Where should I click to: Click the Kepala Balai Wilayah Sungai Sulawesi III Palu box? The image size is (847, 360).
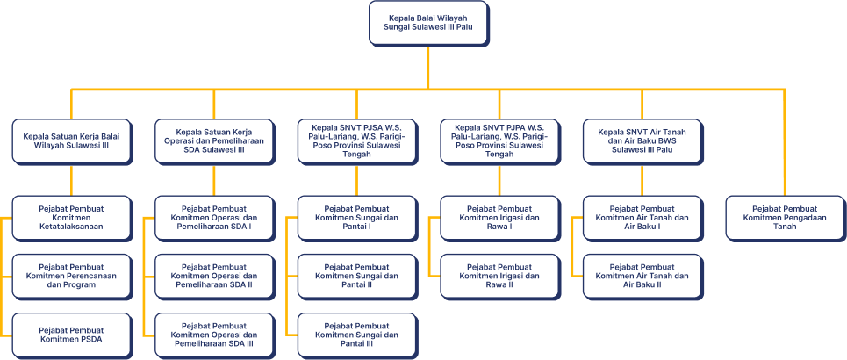click(428, 23)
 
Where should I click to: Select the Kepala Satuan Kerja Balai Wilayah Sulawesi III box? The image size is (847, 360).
click(72, 140)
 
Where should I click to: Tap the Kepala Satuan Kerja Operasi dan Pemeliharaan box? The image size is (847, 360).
click(215, 140)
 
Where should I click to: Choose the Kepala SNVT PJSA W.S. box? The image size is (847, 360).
click(357, 140)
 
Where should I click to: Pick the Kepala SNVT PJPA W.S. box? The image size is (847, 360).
click(499, 140)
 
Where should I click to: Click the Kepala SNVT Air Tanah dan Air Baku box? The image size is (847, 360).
click(642, 140)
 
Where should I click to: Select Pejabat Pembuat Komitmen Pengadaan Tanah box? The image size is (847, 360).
click(785, 218)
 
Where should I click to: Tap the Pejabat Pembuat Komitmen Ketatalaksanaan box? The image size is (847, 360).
click(72, 218)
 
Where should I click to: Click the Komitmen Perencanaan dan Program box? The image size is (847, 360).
click(72, 276)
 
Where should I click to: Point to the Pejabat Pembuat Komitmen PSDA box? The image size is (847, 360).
click(72, 335)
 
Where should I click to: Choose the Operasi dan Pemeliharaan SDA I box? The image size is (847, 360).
click(215, 218)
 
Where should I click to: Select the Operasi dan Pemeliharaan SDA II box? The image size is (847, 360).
click(215, 276)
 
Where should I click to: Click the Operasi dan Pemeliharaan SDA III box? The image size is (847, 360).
click(215, 335)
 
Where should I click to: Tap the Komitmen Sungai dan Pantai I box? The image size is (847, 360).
click(357, 218)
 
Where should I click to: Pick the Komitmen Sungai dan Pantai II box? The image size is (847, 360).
click(357, 276)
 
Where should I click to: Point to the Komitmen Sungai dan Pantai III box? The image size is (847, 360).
click(357, 335)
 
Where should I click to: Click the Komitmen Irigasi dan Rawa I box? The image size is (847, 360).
click(499, 218)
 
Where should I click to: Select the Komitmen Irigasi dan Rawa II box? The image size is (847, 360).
click(499, 276)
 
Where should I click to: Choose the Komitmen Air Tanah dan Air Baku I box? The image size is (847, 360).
click(642, 218)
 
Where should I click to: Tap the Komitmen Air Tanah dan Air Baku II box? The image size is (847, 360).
click(642, 276)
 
